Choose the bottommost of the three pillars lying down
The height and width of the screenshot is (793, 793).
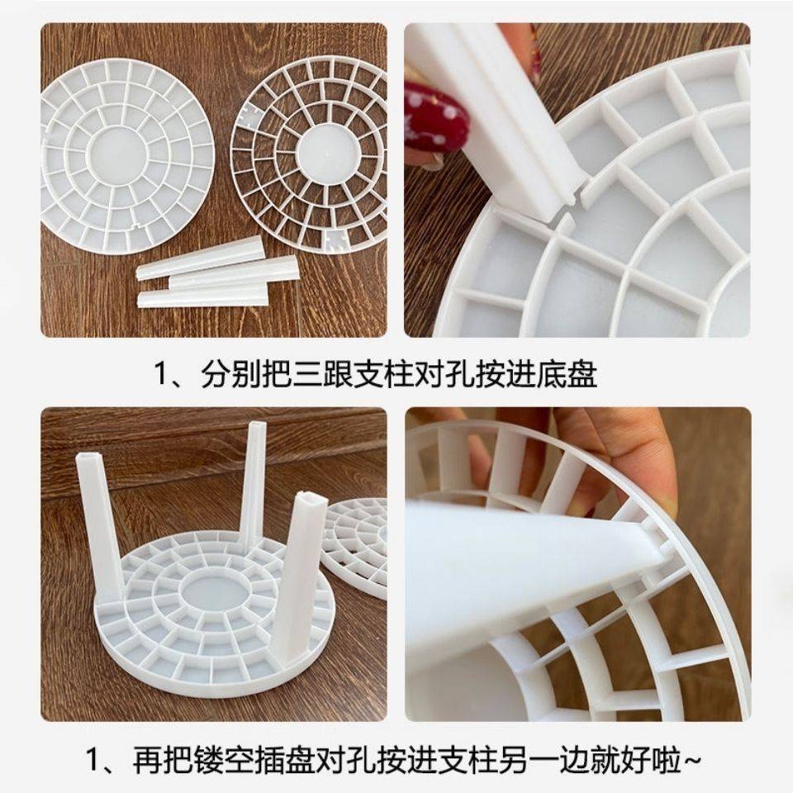click(203, 296)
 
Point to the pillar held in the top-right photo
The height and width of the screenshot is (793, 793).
click(496, 116)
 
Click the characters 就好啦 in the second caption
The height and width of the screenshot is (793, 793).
click(629, 758)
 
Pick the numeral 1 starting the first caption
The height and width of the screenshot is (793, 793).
click(161, 377)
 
